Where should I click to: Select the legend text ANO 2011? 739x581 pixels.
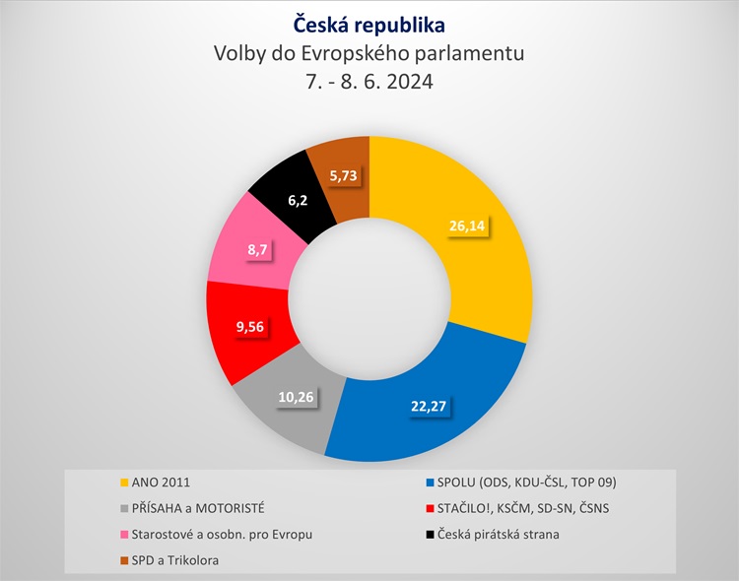[162, 483]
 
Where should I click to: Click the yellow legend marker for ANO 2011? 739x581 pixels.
[123, 483]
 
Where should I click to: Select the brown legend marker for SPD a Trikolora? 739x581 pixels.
[123, 560]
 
